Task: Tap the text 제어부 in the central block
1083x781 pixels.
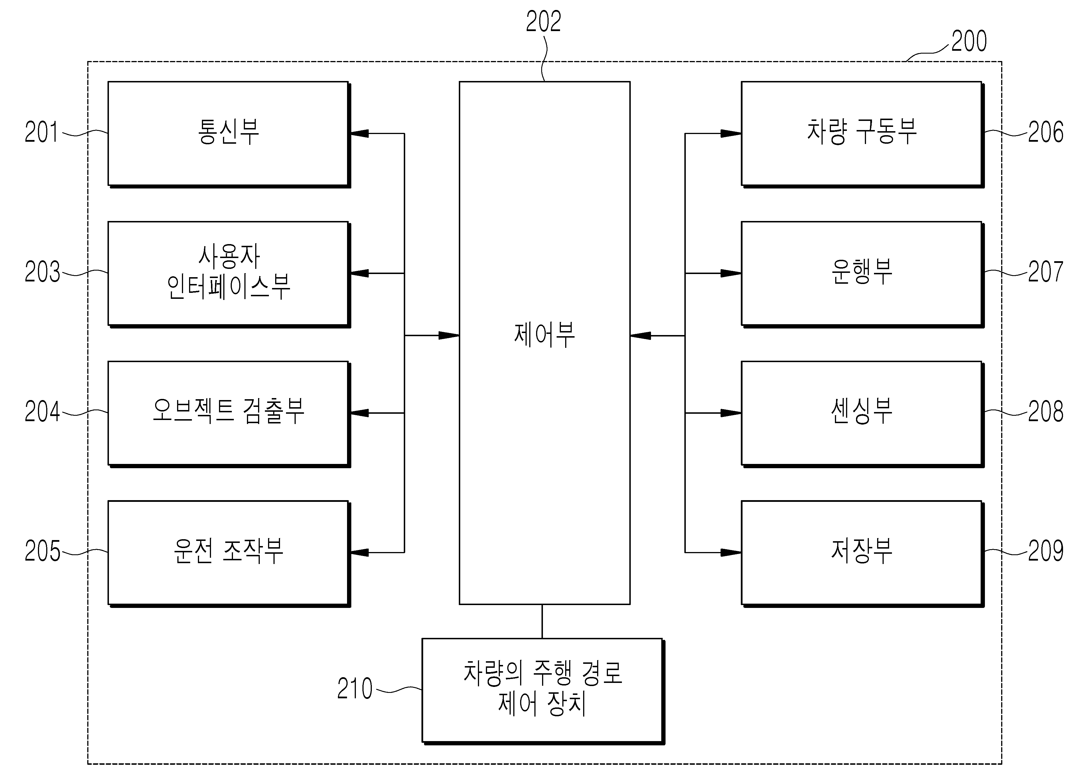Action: click(x=544, y=335)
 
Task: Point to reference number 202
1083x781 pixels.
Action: click(x=543, y=21)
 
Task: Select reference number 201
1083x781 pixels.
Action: click(x=42, y=132)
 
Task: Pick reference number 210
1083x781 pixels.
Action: click(x=355, y=688)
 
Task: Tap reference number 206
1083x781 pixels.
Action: click(x=1046, y=132)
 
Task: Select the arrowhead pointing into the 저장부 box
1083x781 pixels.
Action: click(x=731, y=553)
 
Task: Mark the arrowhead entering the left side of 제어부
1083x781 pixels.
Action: click(x=449, y=336)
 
